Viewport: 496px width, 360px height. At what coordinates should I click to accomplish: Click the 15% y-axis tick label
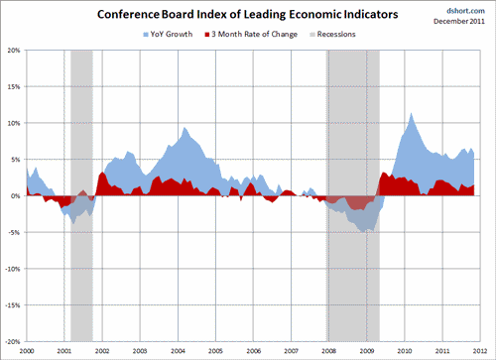[13, 86]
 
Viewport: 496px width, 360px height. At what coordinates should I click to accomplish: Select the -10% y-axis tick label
[11, 269]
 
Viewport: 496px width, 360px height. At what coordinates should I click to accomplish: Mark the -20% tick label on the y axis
[11, 342]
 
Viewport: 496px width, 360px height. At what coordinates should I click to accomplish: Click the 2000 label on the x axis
[27, 351]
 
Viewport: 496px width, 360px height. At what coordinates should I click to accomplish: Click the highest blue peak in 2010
[411, 114]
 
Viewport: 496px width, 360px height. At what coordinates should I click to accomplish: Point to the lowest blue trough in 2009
[367, 231]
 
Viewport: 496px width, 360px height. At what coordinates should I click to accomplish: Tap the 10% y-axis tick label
[13, 123]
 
